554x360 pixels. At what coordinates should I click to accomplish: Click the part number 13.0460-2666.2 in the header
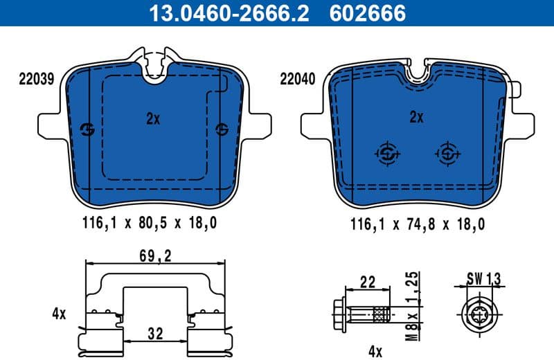[225, 12]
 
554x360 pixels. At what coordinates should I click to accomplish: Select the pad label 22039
[36, 79]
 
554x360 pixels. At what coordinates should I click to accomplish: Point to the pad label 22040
[298, 79]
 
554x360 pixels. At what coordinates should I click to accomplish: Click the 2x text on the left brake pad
[153, 118]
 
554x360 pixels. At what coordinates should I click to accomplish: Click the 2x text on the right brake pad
[415, 117]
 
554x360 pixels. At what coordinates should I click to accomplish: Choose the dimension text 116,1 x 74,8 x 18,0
[418, 223]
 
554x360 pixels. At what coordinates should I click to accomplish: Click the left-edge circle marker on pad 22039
[88, 129]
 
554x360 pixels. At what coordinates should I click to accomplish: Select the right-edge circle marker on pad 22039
[222, 129]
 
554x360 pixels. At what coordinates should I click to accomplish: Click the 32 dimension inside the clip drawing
[155, 334]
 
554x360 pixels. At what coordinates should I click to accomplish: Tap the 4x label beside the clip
[59, 313]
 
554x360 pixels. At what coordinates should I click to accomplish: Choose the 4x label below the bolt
[375, 351]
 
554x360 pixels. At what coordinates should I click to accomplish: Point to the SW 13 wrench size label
[483, 279]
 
